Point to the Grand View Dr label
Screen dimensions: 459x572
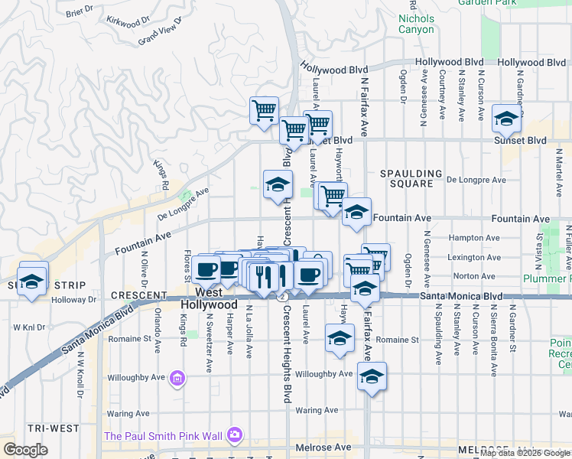click(160, 32)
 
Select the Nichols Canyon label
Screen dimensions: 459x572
click(416, 24)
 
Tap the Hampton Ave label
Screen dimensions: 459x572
click(474, 238)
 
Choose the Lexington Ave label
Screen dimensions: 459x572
click(475, 258)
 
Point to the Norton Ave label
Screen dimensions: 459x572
click(475, 276)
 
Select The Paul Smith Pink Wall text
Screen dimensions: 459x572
click(163, 436)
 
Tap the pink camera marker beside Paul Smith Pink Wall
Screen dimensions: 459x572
click(234, 435)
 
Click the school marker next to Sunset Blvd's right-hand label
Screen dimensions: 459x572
click(506, 118)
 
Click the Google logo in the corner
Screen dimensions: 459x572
click(25, 449)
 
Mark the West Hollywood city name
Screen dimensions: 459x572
click(209, 298)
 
